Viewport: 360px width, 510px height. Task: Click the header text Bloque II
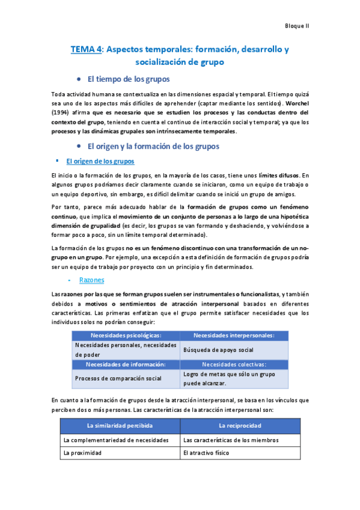point(296,26)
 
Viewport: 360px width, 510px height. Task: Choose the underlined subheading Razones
point(92,280)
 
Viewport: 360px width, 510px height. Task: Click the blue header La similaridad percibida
point(120,426)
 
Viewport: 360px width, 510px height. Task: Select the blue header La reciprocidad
point(239,426)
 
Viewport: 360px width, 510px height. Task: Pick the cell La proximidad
point(82,453)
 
